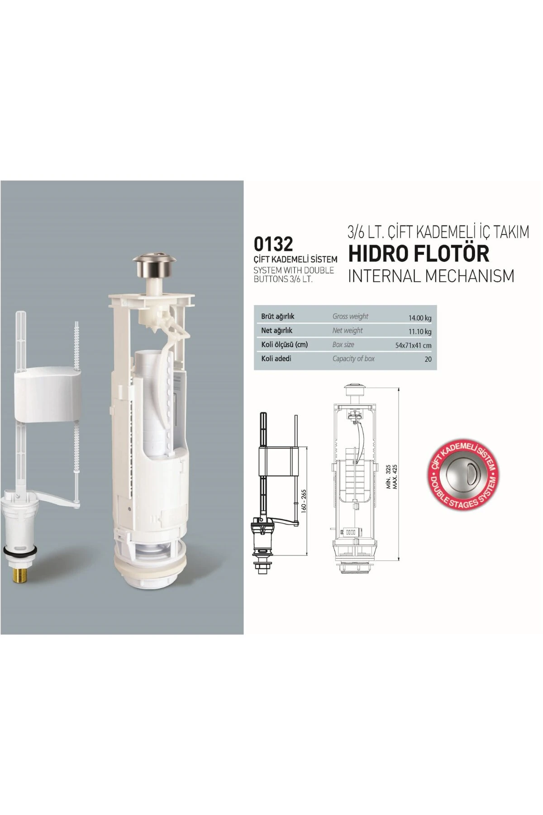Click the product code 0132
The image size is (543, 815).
pos(273,244)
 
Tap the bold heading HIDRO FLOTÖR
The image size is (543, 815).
pos(419,254)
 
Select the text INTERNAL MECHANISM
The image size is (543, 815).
pos(431,276)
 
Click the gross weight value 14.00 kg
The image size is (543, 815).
pos(420,318)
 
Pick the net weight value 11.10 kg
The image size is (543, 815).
pos(420,331)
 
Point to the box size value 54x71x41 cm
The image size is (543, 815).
pos(413,345)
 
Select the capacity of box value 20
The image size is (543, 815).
pos(428,359)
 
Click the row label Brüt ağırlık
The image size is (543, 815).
pos(277,316)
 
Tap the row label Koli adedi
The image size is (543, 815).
pos(276,359)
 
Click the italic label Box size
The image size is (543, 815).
pos(343,345)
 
